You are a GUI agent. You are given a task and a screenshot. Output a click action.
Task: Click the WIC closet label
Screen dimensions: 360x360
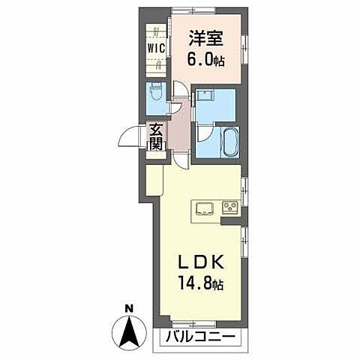point(155,49)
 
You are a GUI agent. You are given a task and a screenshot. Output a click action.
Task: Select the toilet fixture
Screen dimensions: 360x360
point(154,94)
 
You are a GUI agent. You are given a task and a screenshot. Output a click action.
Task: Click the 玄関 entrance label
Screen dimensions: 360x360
point(155,136)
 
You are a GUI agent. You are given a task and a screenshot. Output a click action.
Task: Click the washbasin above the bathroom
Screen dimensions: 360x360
point(204,97)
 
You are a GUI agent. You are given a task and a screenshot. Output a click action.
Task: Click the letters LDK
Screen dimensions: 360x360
point(199,263)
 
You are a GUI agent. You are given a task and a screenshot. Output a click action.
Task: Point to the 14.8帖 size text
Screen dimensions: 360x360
point(200,284)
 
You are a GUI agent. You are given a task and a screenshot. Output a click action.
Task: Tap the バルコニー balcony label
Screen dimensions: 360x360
point(197,336)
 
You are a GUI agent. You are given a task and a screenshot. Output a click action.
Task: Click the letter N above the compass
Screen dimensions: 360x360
point(128,308)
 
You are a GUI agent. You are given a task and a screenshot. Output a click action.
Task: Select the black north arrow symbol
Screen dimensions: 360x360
point(128,331)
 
